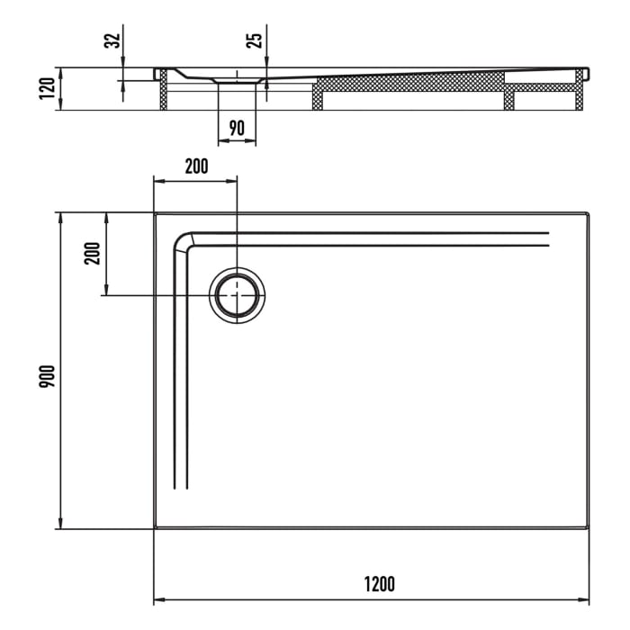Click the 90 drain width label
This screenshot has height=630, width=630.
(x=237, y=128)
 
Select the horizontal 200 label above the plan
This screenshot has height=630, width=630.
(x=195, y=166)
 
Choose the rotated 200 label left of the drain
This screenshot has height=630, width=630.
(x=91, y=255)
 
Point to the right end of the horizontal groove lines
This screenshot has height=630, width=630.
(x=547, y=238)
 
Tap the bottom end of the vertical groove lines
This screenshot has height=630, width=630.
(x=181, y=486)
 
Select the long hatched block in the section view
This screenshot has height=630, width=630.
(x=409, y=84)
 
